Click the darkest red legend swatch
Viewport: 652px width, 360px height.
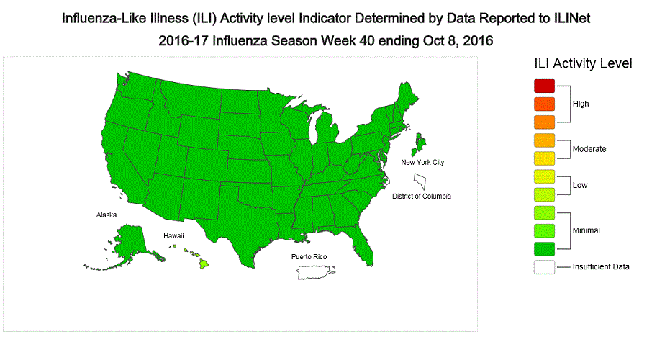coord(545,85)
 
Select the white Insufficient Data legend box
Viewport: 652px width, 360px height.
coord(545,266)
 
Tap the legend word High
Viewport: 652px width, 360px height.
coord(580,104)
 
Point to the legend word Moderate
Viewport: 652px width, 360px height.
coord(589,149)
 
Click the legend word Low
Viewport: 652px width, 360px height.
coord(579,185)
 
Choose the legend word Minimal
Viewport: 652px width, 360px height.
coord(586,230)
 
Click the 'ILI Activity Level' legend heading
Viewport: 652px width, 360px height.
coord(582,63)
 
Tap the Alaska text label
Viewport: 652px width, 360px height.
coord(107,215)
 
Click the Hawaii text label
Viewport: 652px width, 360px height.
coord(173,235)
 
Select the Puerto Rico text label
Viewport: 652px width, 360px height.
coord(309,257)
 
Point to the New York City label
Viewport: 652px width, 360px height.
coord(422,163)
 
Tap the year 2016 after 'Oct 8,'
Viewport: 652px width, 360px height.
coord(472,40)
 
